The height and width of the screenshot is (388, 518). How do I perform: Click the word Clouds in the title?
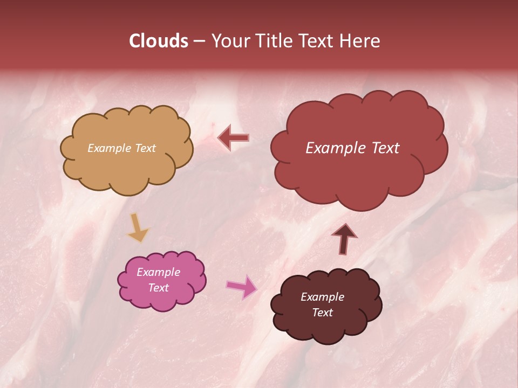158,41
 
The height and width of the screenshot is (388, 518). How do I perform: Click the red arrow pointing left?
233,137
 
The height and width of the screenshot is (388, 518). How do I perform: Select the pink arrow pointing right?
242,286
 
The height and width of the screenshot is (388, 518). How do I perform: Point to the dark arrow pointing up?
344,238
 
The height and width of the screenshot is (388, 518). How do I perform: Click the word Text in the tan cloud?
144,148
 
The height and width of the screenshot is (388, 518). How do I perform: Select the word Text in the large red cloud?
384,148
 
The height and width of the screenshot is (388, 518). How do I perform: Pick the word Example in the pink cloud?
158,272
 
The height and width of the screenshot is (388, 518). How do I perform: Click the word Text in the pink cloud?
158,288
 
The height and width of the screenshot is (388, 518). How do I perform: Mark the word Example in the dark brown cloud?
322,297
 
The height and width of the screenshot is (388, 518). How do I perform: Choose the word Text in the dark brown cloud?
322,313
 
